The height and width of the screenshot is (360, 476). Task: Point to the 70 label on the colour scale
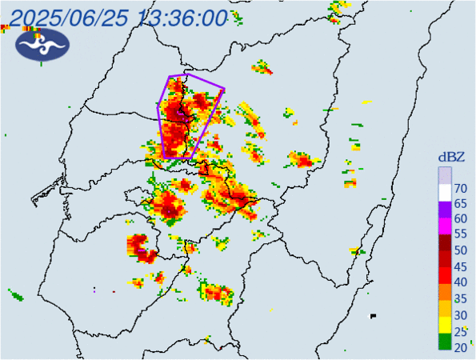click(x=460, y=188)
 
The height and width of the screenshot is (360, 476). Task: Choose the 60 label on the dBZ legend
click(x=460, y=218)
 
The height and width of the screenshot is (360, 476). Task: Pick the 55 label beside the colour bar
click(x=460, y=234)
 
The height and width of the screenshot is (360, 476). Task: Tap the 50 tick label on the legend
click(x=460, y=250)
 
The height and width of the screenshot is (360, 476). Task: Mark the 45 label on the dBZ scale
click(x=460, y=266)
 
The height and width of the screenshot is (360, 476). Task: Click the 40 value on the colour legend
click(x=460, y=282)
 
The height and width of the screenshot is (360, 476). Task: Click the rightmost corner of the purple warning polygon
click(x=225, y=88)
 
